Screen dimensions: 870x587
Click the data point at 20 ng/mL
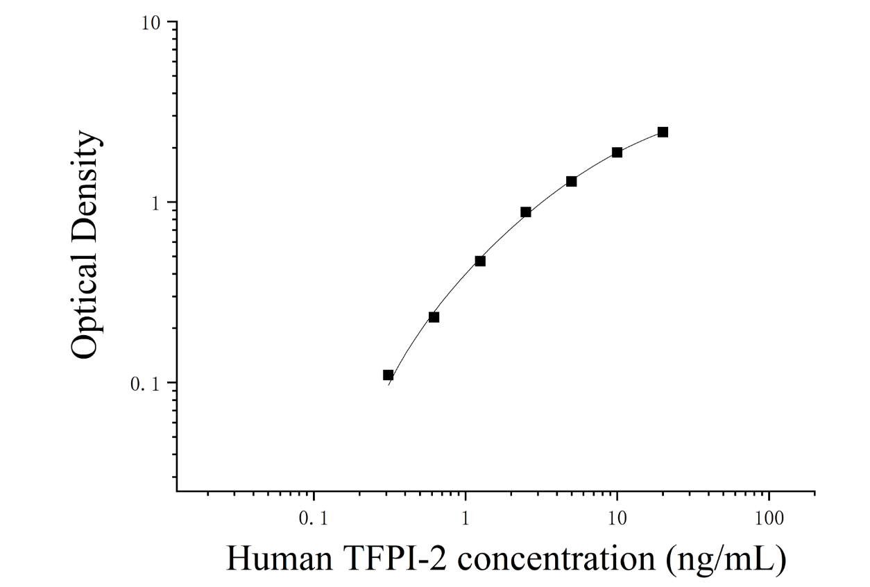663,132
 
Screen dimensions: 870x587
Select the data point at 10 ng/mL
617,152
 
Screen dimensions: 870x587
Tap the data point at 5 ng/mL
571,181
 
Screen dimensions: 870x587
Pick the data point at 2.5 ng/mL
525,212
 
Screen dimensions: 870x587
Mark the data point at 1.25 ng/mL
480,261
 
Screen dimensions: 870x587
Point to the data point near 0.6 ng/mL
434,317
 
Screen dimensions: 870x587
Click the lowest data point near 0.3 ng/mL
388,375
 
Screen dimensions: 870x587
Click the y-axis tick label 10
151,24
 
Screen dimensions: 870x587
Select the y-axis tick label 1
156,203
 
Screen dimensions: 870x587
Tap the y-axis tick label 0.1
145,384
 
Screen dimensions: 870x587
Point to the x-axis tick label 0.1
314,518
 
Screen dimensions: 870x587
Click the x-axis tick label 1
466,518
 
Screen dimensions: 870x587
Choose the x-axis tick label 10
617,518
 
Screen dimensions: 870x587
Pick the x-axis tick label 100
769,518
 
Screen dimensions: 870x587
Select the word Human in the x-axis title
280,559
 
